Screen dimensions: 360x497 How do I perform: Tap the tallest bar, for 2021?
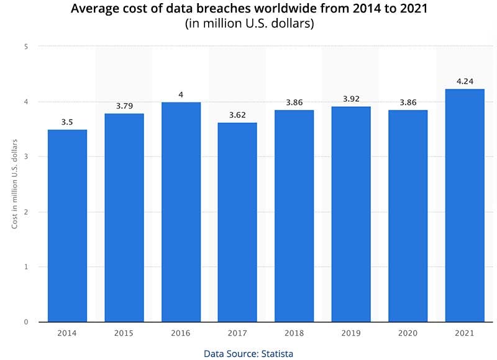(465, 205)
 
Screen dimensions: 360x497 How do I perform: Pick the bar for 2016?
(181, 212)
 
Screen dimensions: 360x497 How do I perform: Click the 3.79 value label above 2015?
(124, 105)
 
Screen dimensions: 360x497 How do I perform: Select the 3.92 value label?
(351, 98)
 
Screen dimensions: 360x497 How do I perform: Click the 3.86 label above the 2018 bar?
(294, 101)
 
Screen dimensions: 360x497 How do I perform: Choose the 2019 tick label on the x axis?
(351, 333)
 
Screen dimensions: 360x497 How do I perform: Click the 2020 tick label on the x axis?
(408, 333)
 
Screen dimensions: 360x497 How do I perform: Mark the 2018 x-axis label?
(294, 333)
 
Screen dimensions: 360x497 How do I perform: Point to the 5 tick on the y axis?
(25, 47)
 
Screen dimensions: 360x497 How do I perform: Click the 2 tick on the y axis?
(25, 212)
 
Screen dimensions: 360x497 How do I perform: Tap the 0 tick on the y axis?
(25, 322)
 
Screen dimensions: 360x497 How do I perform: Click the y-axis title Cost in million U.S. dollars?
(14, 184)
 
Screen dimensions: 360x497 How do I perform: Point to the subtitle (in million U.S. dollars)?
(248, 24)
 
